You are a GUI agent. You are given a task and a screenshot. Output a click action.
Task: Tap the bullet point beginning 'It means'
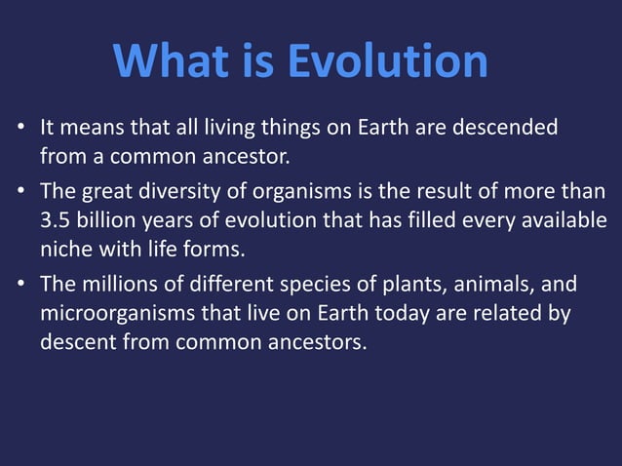pos(19,129)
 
